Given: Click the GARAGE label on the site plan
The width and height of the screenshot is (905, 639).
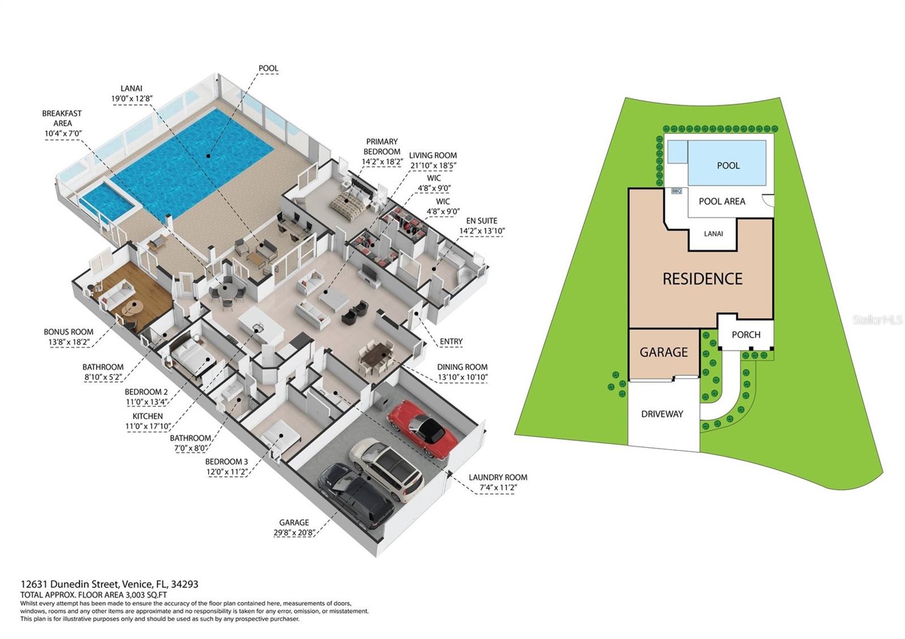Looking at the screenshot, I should [x=663, y=352].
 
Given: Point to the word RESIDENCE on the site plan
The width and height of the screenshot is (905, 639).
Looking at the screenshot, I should [x=702, y=279].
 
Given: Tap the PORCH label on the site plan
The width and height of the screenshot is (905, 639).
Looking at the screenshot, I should [x=745, y=335].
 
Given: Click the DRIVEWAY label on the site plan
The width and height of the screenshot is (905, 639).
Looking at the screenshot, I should [x=662, y=414].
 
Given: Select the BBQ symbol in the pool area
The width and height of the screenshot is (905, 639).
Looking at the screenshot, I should [x=676, y=191].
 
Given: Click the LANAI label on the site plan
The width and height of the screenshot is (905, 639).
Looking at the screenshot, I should [x=713, y=234].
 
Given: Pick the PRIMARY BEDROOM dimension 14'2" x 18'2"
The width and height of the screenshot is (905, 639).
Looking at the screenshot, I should [x=382, y=162].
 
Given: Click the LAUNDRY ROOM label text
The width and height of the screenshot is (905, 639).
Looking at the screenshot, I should [x=498, y=477].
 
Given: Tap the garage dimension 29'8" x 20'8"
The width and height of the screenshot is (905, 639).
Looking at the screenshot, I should [x=294, y=532].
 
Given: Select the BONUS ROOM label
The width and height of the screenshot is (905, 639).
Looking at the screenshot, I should [x=68, y=332].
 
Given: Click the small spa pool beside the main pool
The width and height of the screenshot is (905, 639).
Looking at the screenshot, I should [x=107, y=202].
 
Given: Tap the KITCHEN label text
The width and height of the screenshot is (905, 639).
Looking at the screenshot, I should [x=148, y=416].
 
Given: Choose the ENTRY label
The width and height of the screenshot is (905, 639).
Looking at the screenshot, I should [x=451, y=342].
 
